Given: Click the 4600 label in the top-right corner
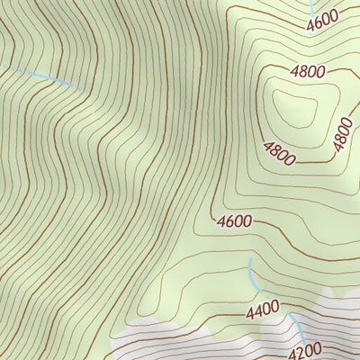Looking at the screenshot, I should coord(322,19).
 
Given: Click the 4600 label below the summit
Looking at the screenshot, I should coord(234,220).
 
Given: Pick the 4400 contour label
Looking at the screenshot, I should coord(263,311).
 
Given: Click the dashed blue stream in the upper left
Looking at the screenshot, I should coord(45,77).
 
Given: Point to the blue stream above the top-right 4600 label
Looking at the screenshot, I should coord(311,4).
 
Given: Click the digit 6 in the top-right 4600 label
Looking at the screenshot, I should coord(318,21).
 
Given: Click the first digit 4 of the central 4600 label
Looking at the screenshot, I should coord(220,220).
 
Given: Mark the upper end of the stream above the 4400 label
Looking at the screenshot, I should coord(249,260).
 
